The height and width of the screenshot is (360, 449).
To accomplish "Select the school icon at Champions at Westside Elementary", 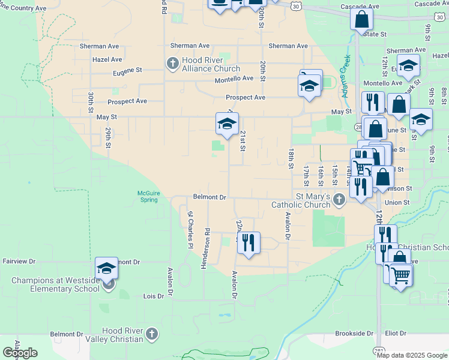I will [106, 268].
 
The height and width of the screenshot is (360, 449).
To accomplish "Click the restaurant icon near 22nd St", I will [248, 242].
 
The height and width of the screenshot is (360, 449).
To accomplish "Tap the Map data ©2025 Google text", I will [411, 355].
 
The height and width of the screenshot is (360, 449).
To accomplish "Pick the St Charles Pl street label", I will [190, 230].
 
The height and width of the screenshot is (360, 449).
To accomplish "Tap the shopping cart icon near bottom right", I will [400, 275].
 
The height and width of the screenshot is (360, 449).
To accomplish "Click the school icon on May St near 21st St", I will [227, 124].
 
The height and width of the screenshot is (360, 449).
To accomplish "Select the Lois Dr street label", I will [154, 296].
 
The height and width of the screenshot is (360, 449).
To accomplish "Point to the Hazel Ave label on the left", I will [107, 59].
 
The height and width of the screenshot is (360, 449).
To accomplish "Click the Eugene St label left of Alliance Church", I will [127, 70].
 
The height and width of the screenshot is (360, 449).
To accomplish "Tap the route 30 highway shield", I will [295, 5].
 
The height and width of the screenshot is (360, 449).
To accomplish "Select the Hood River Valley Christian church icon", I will [152, 333].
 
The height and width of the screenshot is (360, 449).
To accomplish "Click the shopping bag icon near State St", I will [363, 20].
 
